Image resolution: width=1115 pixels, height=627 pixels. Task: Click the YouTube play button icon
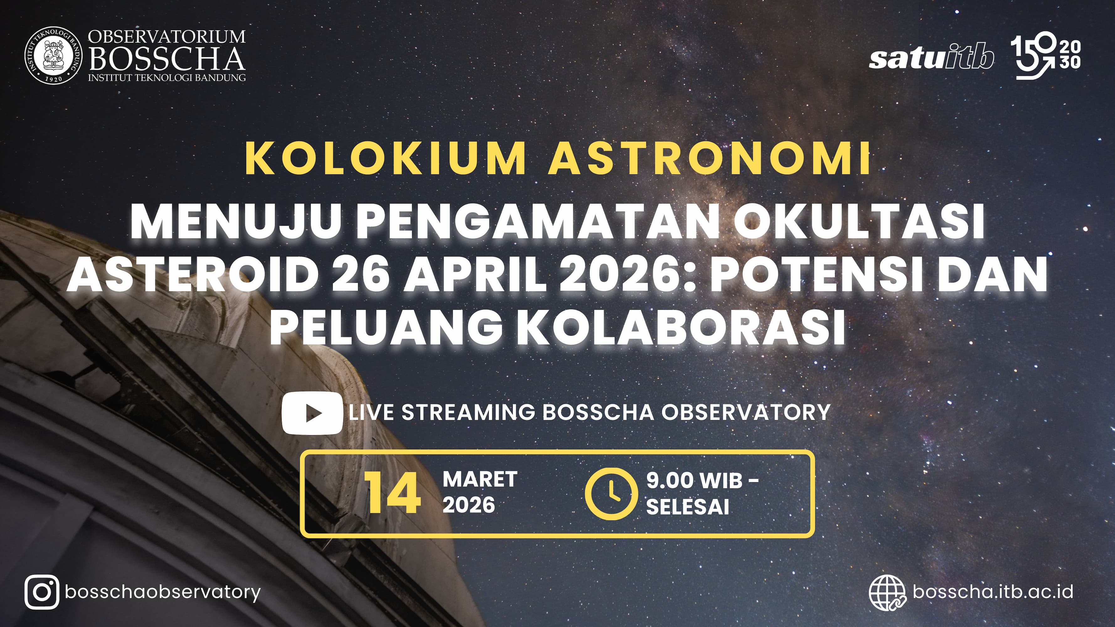(312, 413)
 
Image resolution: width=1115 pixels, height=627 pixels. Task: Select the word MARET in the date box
(480, 479)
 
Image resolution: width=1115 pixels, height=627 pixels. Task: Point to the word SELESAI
(687, 507)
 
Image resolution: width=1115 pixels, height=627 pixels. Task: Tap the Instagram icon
(42, 592)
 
